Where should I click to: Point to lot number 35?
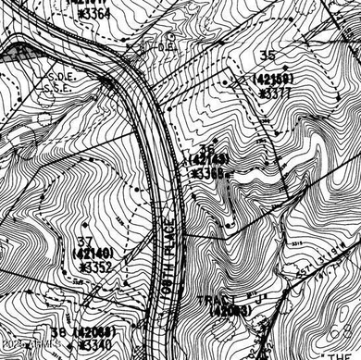(269, 66)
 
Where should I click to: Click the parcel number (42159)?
(273, 80)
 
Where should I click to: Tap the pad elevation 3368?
(208, 172)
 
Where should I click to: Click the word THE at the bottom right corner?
(345, 341)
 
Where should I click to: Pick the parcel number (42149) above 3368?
(209, 160)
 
